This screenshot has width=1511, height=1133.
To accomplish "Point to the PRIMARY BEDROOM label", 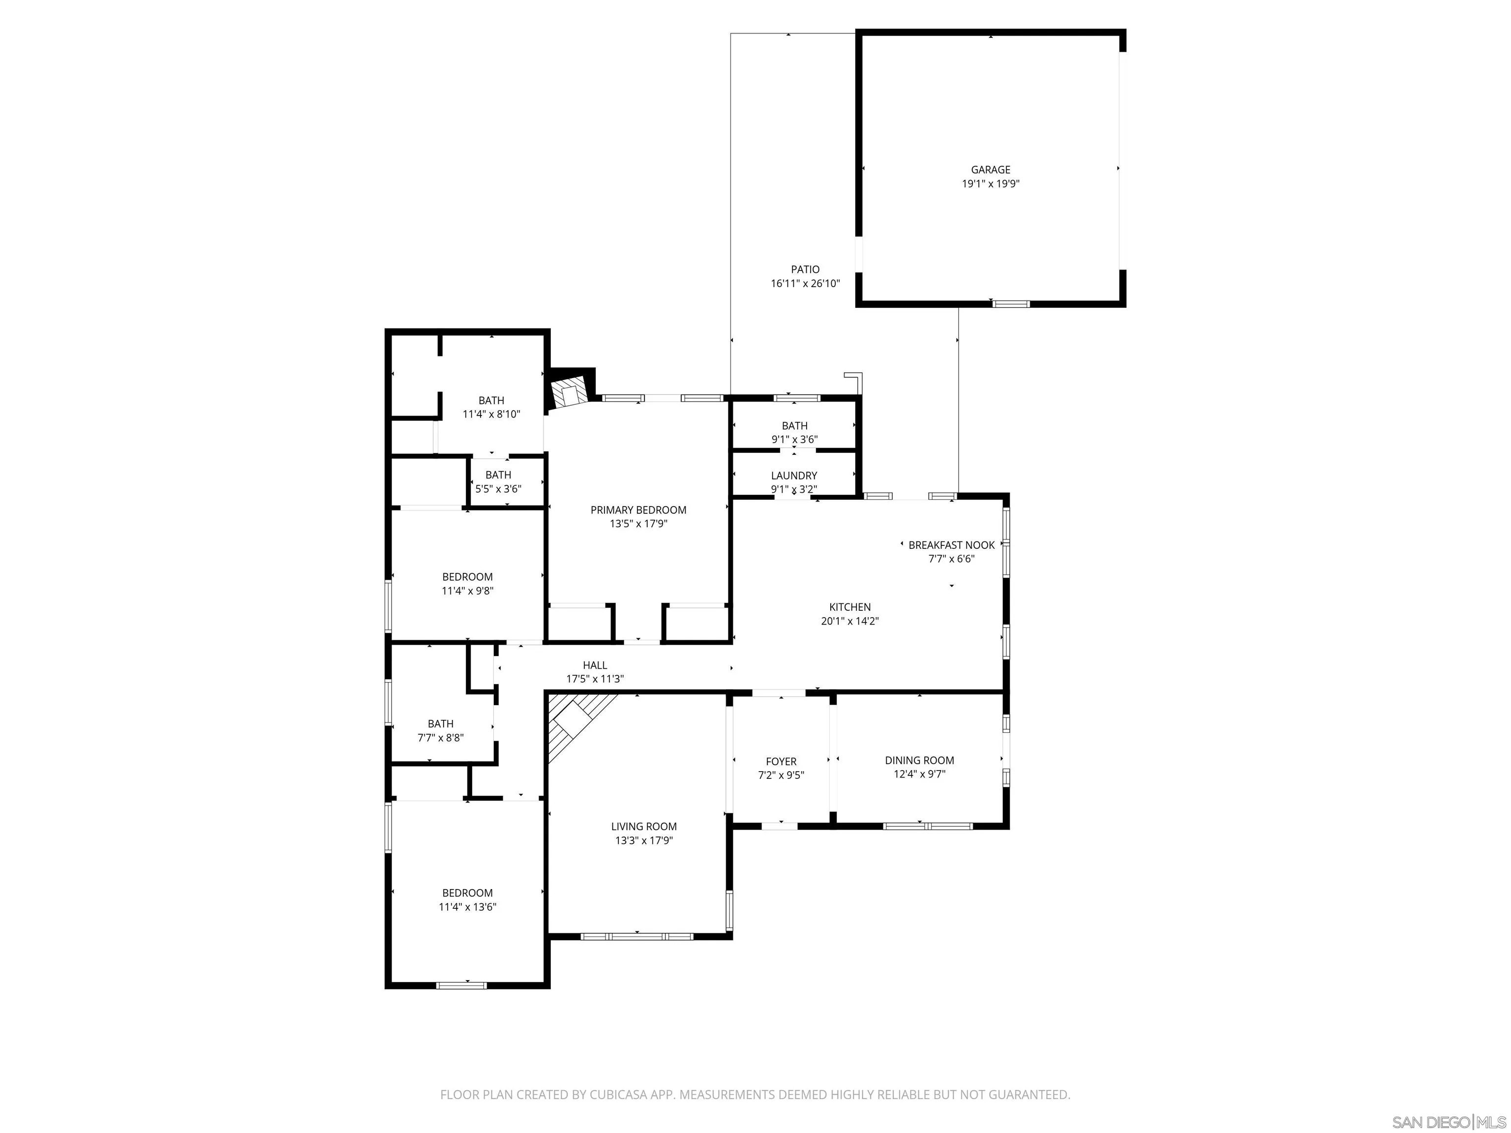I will [x=638, y=510].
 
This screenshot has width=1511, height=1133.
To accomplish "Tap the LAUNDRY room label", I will [x=794, y=476].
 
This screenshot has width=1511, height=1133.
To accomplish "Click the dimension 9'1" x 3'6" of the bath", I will [x=794, y=440].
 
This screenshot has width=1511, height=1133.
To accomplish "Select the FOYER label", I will [x=781, y=761].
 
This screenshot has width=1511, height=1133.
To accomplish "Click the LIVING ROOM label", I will [x=643, y=826].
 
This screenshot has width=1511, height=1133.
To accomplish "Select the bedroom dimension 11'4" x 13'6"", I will [x=467, y=907].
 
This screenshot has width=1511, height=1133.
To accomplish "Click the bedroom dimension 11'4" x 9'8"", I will [x=467, y=591].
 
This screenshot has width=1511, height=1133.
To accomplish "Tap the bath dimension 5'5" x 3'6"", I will [x=498, y=489].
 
